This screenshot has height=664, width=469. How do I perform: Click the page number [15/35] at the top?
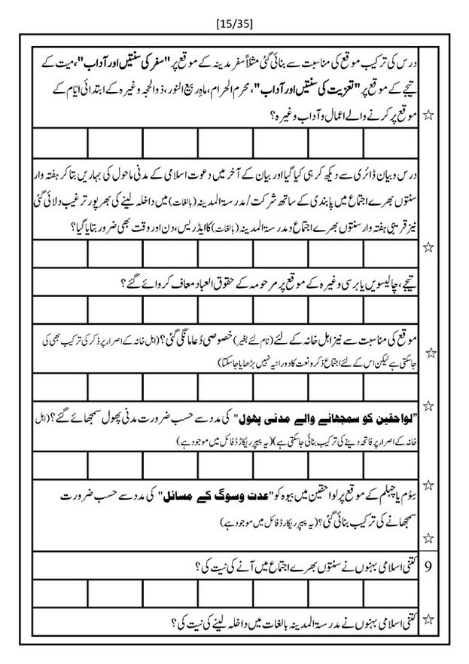click(234, 23)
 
